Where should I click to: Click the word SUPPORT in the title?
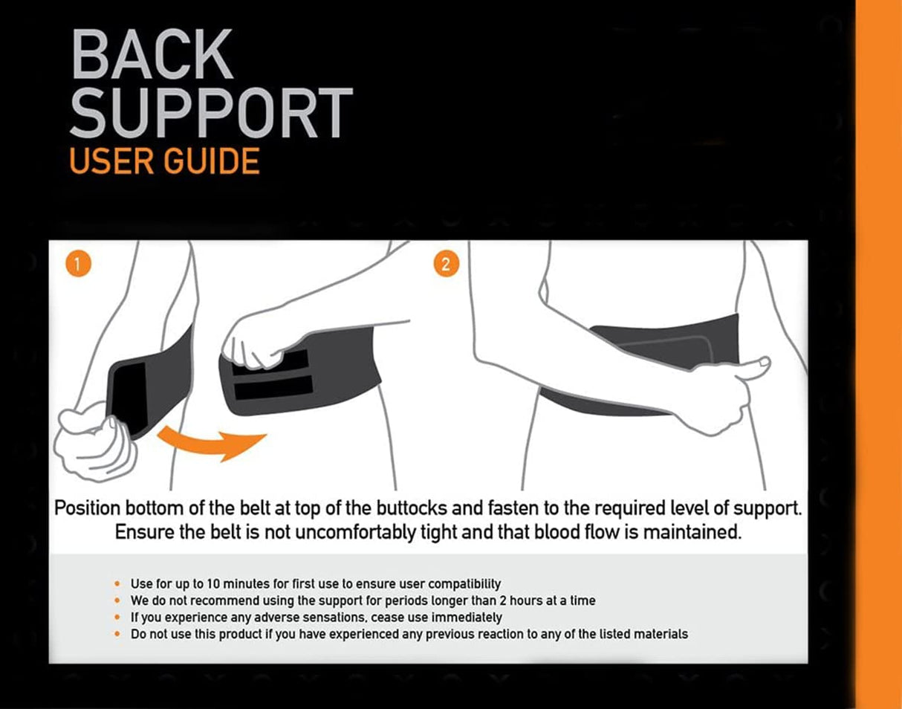tap(211, 112)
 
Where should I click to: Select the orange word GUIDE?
tap(212, 161)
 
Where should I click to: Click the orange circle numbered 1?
tap(79, 264)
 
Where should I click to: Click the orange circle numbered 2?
tap(447, 264)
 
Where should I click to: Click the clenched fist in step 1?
tap(95, 441)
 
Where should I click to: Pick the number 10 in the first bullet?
tap(213, 584)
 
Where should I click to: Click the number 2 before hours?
tap(502, 600)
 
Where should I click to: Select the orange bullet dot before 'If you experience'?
tap(117, 618)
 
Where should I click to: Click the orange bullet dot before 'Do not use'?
tap(117, 634)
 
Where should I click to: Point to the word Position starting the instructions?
tap(87, 508)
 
